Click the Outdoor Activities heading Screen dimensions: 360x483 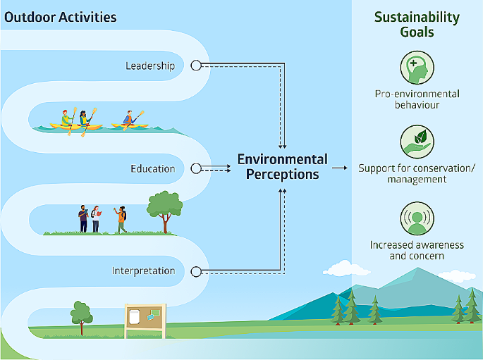(61, 16)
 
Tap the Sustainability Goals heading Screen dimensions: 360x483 (417, 24)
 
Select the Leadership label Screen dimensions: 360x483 (150, 66)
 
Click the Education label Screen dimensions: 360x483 (152, 169)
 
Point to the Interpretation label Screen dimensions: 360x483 (143, 271)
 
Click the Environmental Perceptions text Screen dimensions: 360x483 (282, 166)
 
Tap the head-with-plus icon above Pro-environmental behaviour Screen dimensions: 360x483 (417, 69)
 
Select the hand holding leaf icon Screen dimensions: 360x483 (417, 142)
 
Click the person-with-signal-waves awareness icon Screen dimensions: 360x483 (417, 218)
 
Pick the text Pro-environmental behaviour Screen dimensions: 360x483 (417, 99)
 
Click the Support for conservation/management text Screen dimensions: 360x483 (417, 173)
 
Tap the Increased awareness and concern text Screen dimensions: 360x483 (417, 250)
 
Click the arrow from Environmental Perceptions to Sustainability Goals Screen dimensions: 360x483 (341, 168)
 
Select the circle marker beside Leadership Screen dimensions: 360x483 (197, 66)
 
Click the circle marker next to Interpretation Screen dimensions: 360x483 (197, 271)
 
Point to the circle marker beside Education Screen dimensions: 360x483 (197, 169)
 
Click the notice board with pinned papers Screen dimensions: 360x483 (145, 318)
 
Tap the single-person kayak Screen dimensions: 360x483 (130, 120)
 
